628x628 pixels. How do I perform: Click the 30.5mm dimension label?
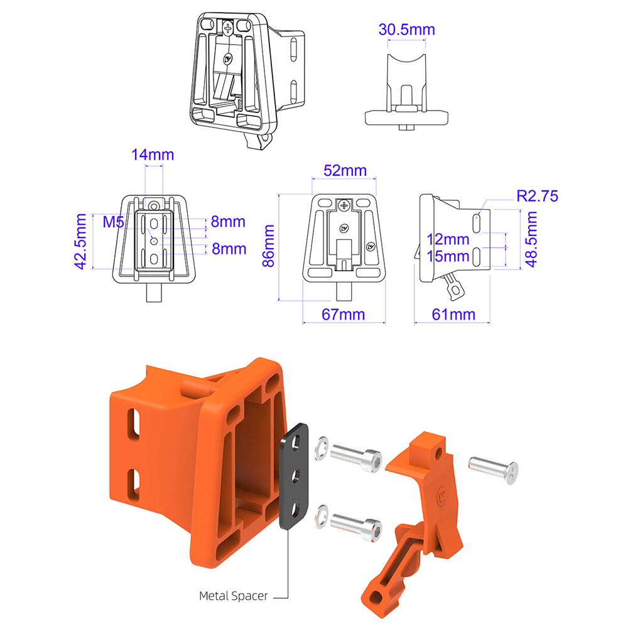[x=406, y=30]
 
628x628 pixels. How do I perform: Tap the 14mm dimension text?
[x=153, y=154]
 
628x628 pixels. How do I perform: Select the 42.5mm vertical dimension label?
[x=80, y=242]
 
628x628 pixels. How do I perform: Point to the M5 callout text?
[x=113, y=222]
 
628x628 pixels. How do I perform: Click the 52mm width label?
[x=345, y=171]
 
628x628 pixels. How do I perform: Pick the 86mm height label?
[x=268, y=246]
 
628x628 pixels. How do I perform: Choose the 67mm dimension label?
[x=344, y=315]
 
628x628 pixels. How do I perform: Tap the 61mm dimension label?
[x=453, y=315]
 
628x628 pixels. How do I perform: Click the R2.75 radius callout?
[x=537, y=196]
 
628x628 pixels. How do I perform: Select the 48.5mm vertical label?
[x=531, y=239]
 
